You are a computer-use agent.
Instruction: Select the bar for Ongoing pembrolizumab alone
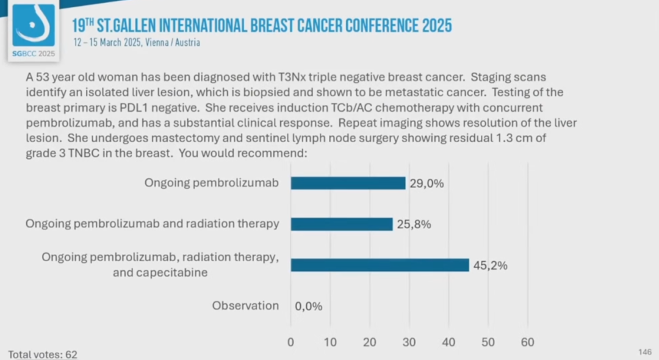348,183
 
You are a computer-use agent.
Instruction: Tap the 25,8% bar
342,224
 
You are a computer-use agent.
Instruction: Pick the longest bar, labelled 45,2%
380,265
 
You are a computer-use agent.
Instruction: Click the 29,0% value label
427,183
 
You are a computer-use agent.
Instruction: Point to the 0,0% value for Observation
308,306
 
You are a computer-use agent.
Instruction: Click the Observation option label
245,306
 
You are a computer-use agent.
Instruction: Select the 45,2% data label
490,265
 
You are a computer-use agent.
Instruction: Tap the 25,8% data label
414,225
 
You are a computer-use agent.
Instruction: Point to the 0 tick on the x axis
290,342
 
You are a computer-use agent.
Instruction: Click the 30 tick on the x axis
409,342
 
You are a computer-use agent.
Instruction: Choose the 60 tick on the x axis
527,342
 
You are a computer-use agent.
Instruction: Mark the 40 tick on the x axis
448,342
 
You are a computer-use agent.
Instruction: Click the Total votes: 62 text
43,354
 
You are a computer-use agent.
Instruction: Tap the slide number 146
644,352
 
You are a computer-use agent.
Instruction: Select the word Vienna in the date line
160,43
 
